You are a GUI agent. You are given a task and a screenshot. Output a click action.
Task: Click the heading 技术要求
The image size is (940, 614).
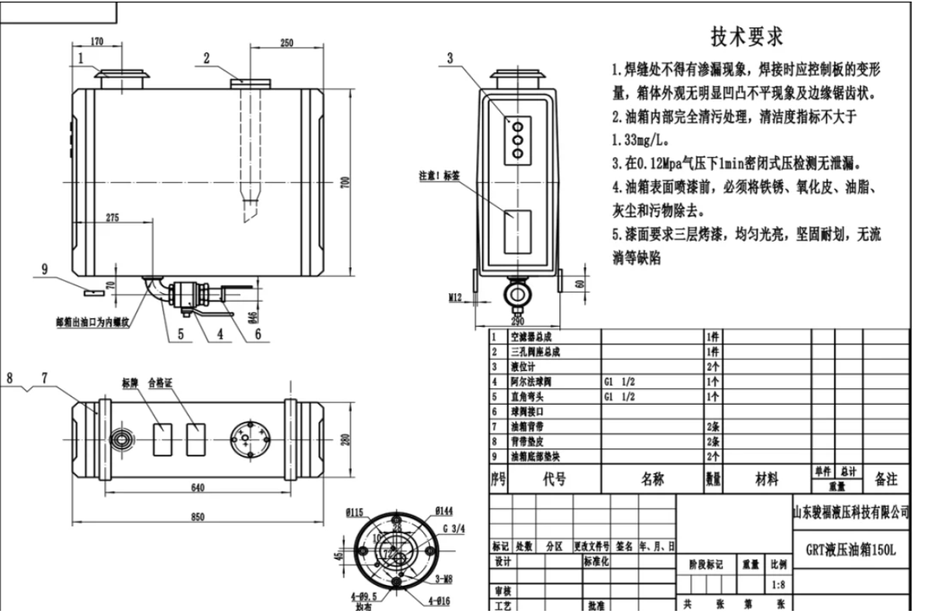click(746, 37)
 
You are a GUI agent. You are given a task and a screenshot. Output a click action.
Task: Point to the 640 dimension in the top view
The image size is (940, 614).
click(197, 488)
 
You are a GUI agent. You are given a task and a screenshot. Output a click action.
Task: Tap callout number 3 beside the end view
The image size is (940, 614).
click(450, 57)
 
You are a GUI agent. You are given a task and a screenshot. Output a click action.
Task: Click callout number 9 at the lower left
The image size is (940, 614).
click(45, 269)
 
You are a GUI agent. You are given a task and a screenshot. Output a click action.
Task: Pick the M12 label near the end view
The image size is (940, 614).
click(457, 298)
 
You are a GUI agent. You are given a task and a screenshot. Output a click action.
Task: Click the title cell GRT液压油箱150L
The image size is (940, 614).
click(850, 550)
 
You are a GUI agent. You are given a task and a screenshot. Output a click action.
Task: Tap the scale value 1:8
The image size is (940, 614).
click(778, 584)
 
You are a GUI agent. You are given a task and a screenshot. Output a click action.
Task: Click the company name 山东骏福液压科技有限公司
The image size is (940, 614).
click(851, 512)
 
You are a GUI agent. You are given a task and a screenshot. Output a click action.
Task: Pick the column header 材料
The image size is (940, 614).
click(766, 479)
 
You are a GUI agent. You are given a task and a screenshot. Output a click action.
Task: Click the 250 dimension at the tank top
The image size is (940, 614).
click(287, 42)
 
